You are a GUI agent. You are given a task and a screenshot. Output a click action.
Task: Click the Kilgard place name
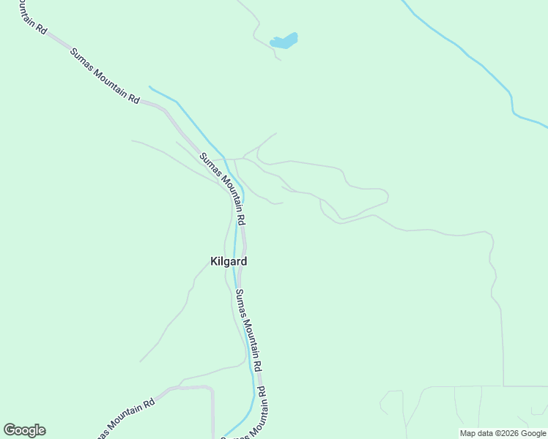pyautogui.click(x=228, y=261)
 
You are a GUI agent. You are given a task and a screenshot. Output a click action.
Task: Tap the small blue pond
pyautogui.click(x=284, y=41)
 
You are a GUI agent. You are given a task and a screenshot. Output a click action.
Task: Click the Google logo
pyautogui.click(x=24, y=430)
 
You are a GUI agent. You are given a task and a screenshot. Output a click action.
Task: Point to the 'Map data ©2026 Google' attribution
pyautogui.click(x=503, y=433)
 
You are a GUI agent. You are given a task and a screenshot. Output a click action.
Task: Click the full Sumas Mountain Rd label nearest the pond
pyautogui.click(x=104, y=75)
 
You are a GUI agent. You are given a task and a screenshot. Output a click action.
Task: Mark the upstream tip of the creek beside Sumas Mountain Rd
pyautogui.click(x=149, y=87)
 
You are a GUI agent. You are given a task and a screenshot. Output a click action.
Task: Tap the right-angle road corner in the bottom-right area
pyautogui.click(x=503, y=386)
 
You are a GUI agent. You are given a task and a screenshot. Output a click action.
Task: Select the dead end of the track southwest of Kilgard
pyautogui.click(x=140, y=361)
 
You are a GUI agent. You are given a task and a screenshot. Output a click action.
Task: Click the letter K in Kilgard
pyautogui.click(x=213, y=261)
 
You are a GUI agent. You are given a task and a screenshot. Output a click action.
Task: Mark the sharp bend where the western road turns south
pyautogui.click(x=212, y=389)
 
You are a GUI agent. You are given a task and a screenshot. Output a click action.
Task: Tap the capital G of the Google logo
pyautogui.click(x=10, y=430)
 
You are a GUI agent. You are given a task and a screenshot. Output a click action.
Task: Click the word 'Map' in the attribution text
pyautogui.click(x=467, y=433)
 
